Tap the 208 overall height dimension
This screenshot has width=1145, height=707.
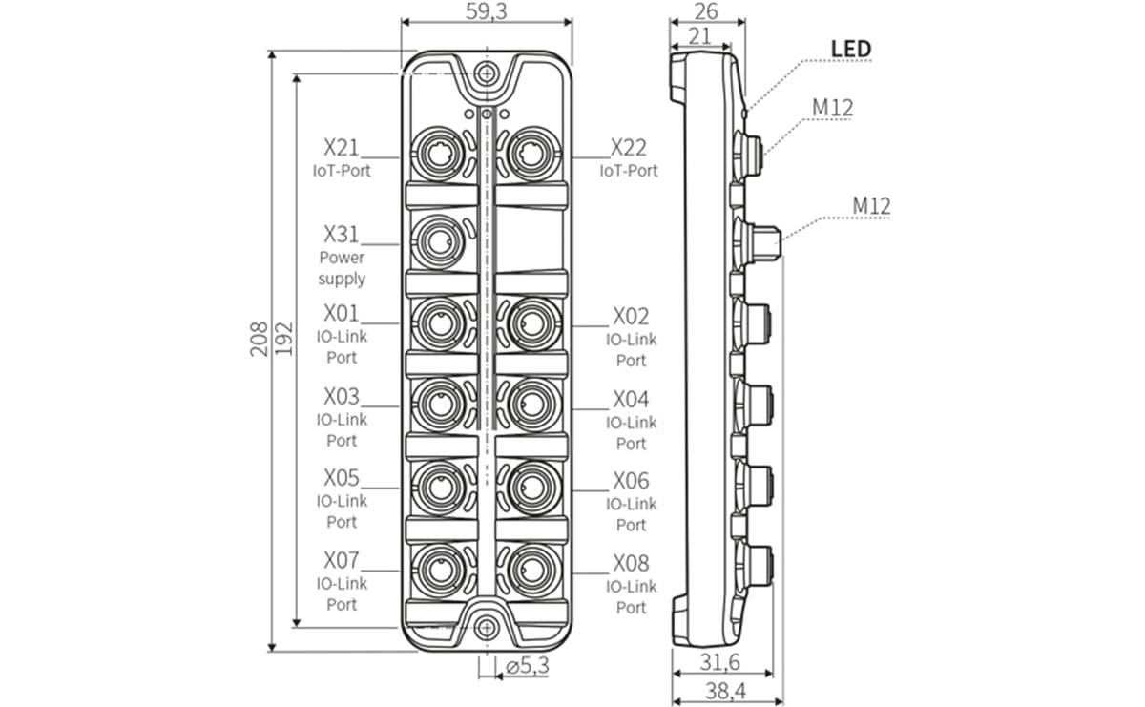260,339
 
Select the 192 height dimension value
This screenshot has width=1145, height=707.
283,339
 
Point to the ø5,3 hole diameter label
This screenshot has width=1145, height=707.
528,667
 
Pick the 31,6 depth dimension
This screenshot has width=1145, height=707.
721,661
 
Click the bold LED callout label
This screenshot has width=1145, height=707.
850,49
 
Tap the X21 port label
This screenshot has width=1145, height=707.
341,148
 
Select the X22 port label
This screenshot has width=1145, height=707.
629,148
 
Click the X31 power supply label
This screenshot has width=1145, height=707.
343,234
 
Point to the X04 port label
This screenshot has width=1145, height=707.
631,399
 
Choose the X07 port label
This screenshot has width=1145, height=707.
342,560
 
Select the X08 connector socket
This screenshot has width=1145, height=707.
528,569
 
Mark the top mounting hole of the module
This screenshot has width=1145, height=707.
487,73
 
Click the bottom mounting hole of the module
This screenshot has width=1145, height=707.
487,627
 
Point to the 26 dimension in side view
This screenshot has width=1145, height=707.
707,10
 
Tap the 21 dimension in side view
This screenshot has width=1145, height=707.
699,34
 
